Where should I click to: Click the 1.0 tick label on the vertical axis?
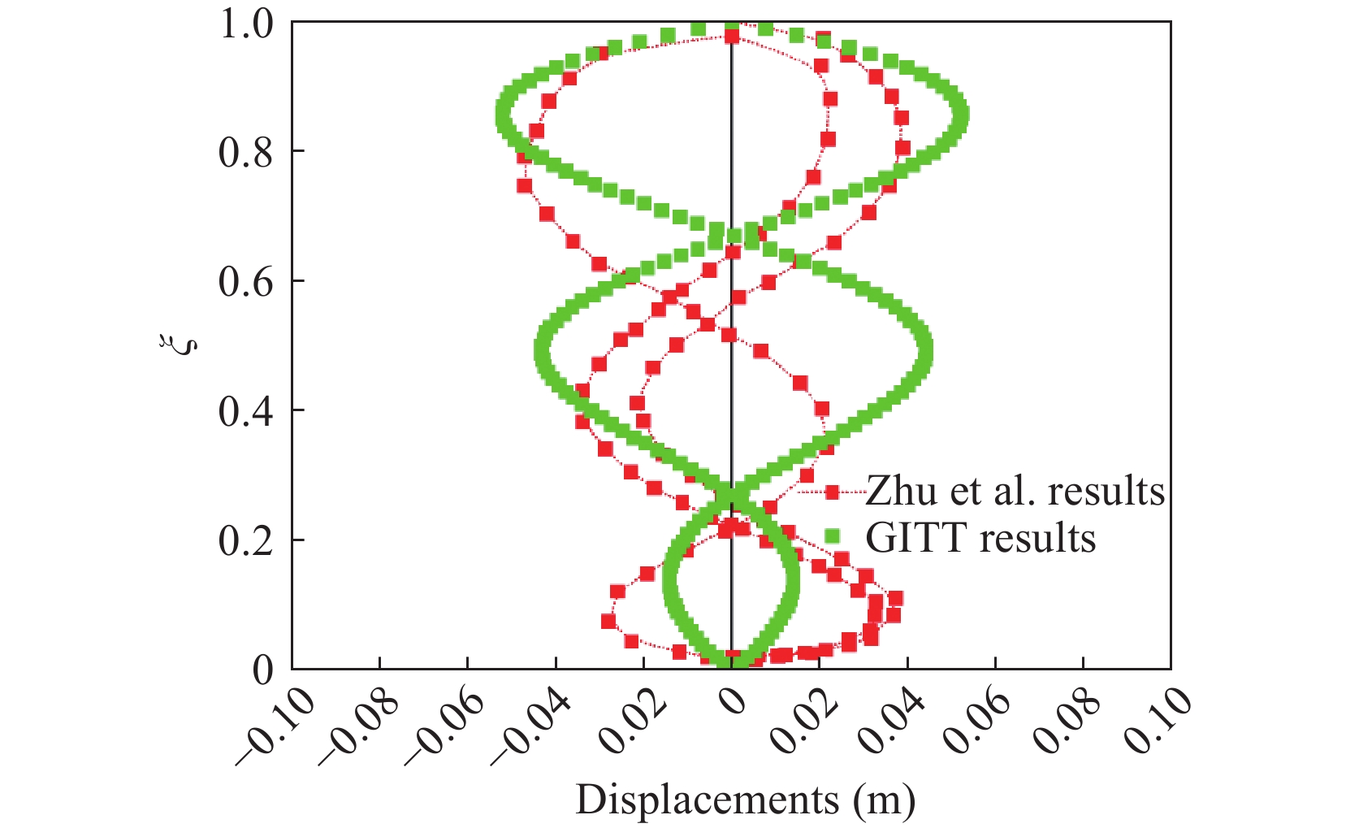point(246,24)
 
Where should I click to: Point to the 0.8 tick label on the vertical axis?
point(246,152)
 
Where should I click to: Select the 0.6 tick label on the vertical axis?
point(246,281)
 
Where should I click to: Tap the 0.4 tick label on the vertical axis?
point(246,411)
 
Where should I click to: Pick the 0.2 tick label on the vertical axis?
point(246,540)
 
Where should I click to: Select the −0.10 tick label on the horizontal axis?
point(275,726)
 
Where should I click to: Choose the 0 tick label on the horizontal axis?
point(734,700)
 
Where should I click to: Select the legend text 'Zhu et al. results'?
point(1015,491)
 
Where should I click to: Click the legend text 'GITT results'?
point(980,538)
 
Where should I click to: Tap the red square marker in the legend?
point(832,492)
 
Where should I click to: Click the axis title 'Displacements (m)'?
point(745,800)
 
